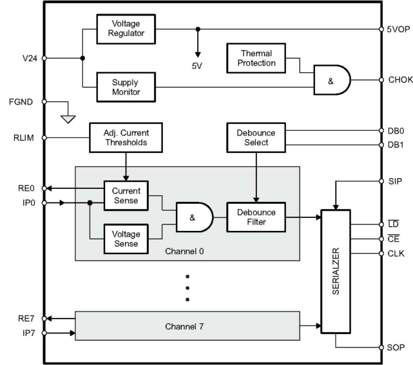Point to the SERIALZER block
pyautogui.click(x=336, y=271)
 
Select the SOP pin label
pyautogui.click(x=396, y=347)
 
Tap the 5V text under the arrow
pyautogui.click(x=198, y=64)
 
